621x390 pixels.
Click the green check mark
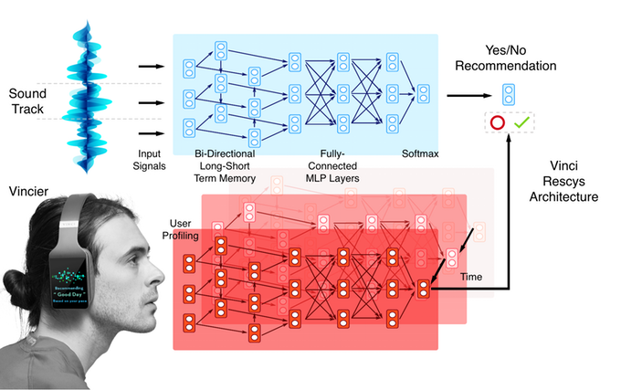coord(521,122)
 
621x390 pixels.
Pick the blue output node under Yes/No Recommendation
coord(508,92)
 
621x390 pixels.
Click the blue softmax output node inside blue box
coord(423,92)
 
